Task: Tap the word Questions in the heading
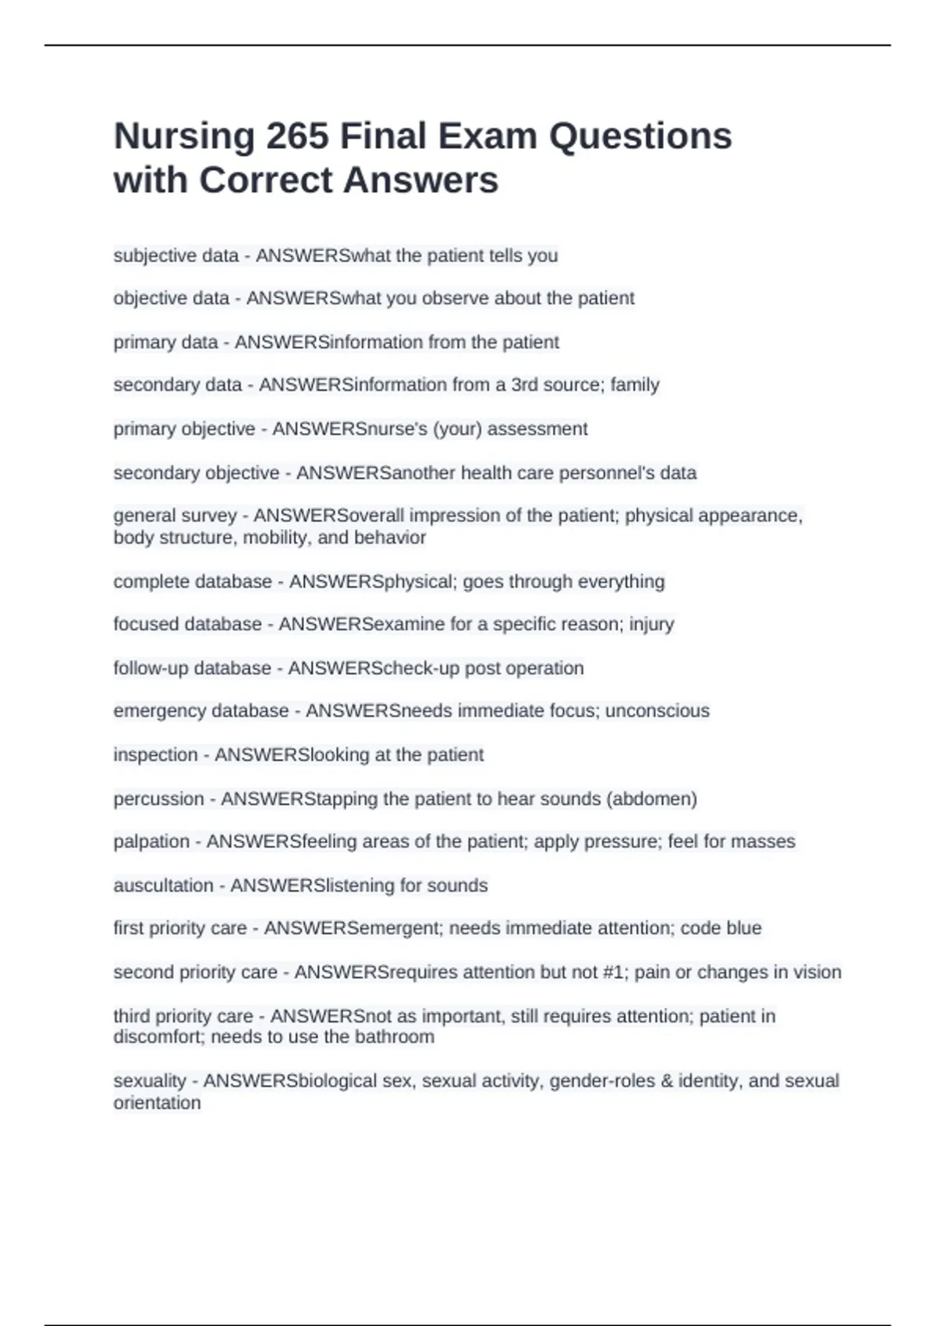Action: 640,136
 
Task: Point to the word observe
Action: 456,298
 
